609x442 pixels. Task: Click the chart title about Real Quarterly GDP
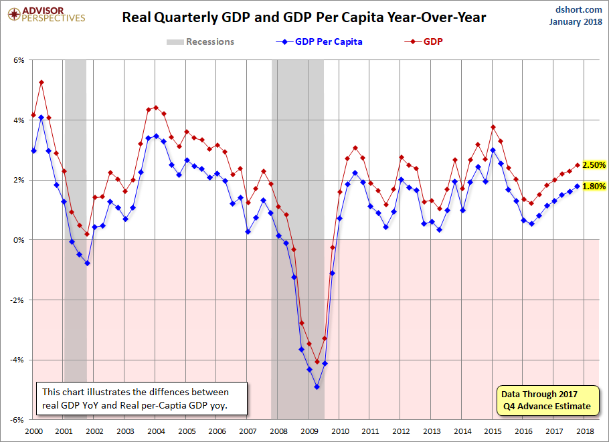pyautogui.click(x=304, y=17)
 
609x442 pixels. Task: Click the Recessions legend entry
pyautogui.click(x=201, y=41)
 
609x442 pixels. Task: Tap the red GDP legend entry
pyautogui.click(x=426, y=41)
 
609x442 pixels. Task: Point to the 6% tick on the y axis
pyautogui.click(x=19, y=60)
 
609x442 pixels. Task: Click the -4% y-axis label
pyautogui.click(x=17, y=360)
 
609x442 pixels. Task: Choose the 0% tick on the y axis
pyautogui.click(x=19, y=240)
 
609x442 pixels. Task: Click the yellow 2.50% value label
pyautogui.click(x=594, y=165)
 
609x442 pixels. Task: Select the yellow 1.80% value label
pyautogui.click(x=594, y=187)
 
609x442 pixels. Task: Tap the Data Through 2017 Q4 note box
pyautogui.click(x=545, y=400)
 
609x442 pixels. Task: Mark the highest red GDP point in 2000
pyautogui.click(x=41, y=82)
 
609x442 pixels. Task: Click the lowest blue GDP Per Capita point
pyautogui.click(x=317, y=386)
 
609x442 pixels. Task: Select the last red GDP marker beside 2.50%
pyautogui.click(x=577, y=165)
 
